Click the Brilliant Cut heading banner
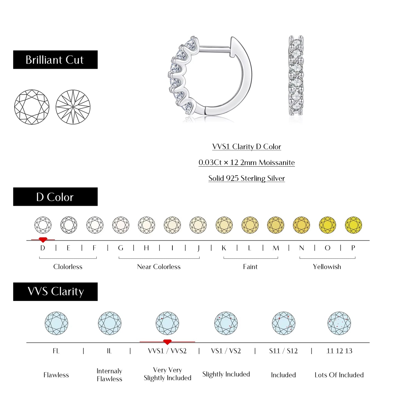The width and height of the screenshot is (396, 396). (55, 60)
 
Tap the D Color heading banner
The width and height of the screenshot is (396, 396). (55, 197)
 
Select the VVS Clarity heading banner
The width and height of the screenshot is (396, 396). (55, 292)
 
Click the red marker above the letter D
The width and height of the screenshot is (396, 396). (43, 240)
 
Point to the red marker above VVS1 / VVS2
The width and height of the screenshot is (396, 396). (167, 342)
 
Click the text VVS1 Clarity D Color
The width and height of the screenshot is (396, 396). (246, 147)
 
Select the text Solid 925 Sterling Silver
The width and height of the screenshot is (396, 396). (246, 178)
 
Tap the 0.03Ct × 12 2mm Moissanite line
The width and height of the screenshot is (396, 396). (246, 163)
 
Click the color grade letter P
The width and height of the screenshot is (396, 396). (353, 248)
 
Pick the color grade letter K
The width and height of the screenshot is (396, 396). (224, 248)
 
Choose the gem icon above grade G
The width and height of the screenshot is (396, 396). (121, 225)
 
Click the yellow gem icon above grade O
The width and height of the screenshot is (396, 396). (327, 225)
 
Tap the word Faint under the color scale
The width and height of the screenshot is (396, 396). (250, 267)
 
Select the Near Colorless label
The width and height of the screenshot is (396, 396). (159, 267)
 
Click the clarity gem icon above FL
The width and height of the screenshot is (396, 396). (56, 323)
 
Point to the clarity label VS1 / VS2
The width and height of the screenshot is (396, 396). (226, 351)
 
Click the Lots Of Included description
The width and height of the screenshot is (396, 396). (339, 375)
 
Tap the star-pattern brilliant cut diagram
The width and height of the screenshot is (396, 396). (73, 107)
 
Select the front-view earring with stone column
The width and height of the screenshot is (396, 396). (296, 75)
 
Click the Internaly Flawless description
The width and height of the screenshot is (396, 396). (109, 375)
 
